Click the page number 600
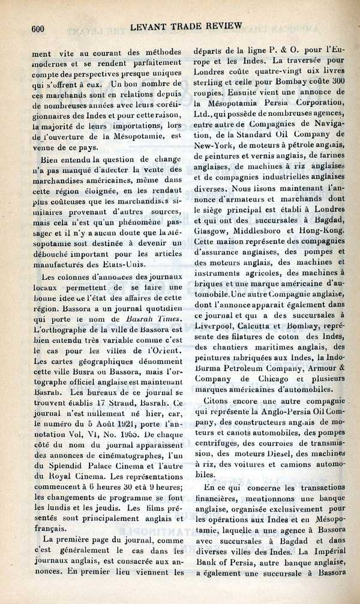38,28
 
